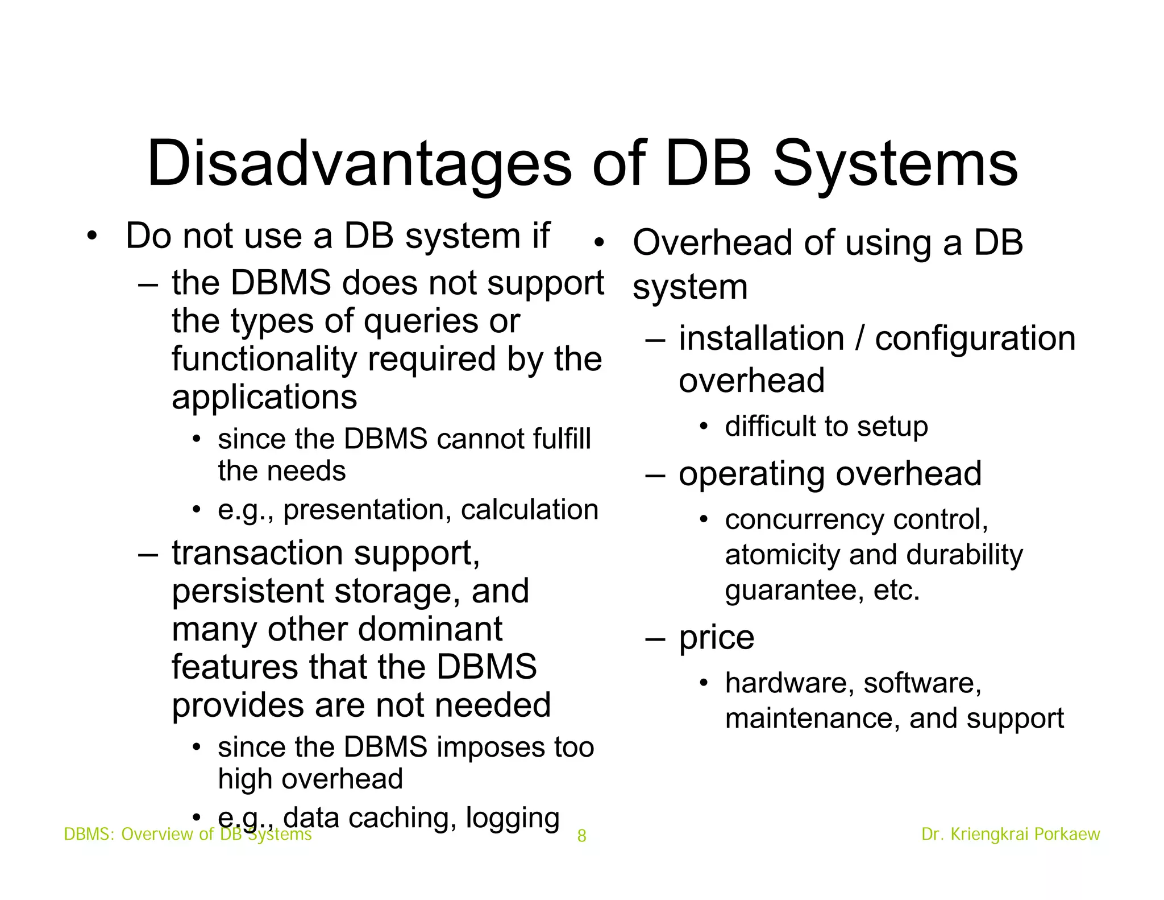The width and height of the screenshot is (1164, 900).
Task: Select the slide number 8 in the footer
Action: coord(581,835)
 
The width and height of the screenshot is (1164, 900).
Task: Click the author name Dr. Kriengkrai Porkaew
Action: coord(1011,834)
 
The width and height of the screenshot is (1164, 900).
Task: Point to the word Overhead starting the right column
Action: coord(713,243)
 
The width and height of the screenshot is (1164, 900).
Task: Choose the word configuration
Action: coord(975,340)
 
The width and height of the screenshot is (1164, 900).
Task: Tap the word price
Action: coord(717,638)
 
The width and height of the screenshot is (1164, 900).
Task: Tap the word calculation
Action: coord(530,509)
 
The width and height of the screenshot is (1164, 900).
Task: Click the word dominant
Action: coord(430,629)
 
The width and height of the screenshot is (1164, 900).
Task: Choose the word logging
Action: coord(513,819)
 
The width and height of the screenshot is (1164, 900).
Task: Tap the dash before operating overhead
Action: coord(655,474)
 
